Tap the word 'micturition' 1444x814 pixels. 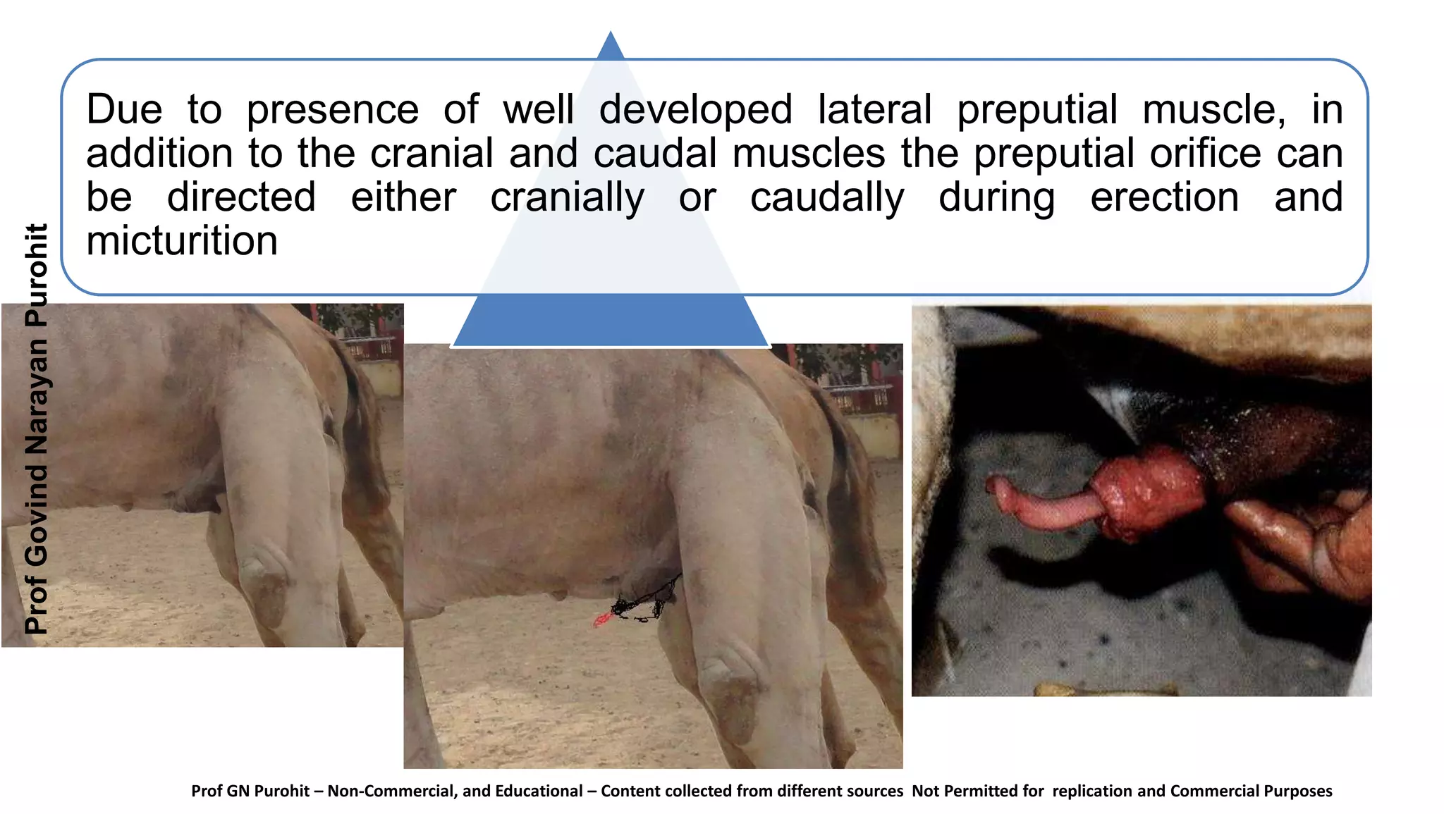pos(182,241)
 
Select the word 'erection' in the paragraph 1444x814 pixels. pos(1164,197)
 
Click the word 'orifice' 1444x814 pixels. pos(1205,154)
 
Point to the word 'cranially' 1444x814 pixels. pos(567,197)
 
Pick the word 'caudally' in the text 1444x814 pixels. pos(826,197)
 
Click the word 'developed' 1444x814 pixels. pos(695,110)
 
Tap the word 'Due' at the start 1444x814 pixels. pos(124,110)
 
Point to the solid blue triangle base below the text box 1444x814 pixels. pos(610,321)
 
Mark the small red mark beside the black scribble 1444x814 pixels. pos(601,620)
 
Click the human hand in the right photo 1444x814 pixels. pos(1304,543)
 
